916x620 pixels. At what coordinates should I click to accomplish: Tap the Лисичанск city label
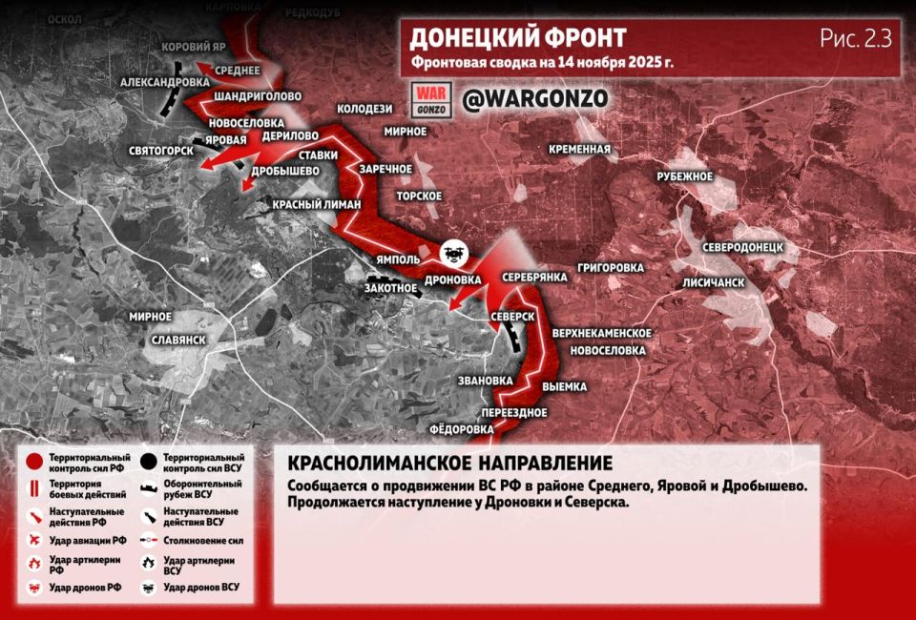pyautogui.click(x=713, y=283)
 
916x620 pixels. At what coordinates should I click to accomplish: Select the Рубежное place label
pyautogui.click(x=685, y=176)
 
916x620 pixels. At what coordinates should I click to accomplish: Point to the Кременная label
pyautogui.click(x=579, y=149)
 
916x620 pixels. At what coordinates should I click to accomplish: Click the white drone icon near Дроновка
pyautogui.click(x=453, y=254)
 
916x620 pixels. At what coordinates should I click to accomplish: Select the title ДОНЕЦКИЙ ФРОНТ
pyautogui.click(x=518, y=39)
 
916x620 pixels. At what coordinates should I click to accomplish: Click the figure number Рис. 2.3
pyautogui.click(x=855, y=39)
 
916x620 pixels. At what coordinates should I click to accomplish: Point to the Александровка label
pyautogui.click(x=166, y=83)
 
